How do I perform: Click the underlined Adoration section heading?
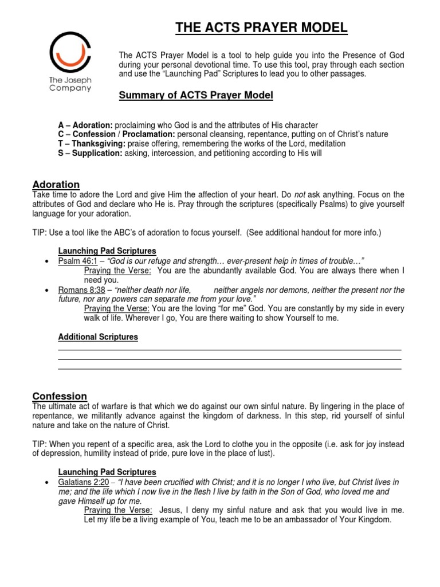tap(56, 184)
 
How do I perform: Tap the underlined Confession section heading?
tap(60, 396)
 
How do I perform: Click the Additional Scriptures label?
tap(98, 337)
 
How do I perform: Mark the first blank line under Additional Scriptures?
tap(229, 349)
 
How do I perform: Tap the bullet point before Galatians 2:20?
tap(46, 483)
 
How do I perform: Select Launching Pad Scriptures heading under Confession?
tap(107, 472)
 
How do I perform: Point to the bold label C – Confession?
tap(77, 134)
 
